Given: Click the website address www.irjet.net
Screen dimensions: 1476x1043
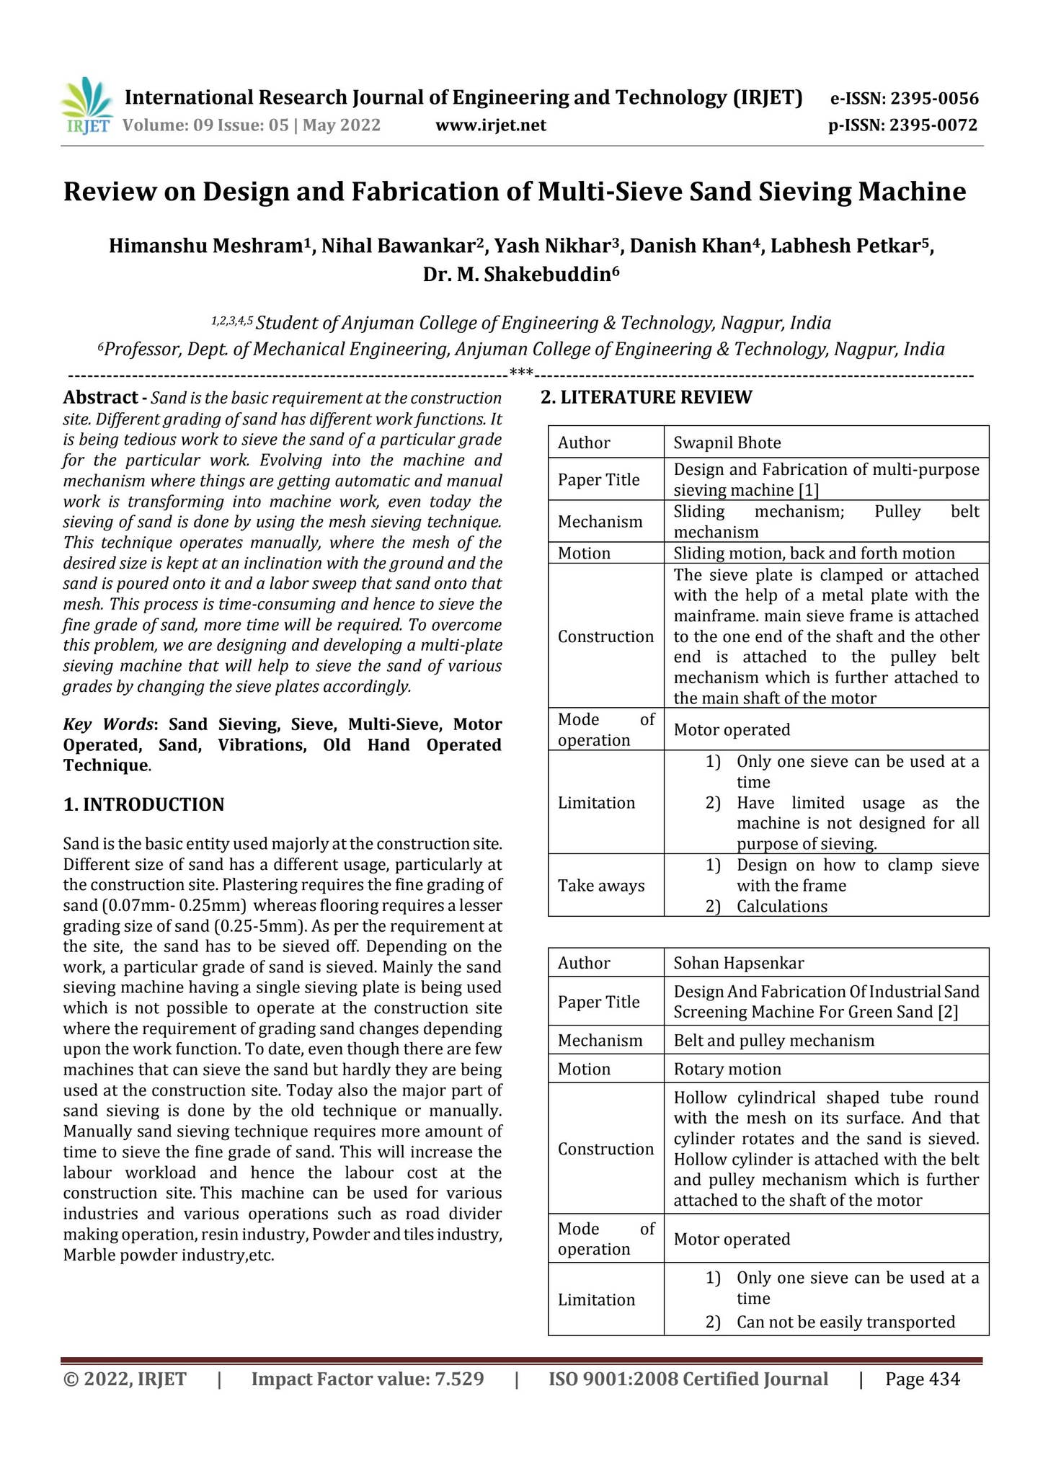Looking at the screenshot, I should [x=491, y=125].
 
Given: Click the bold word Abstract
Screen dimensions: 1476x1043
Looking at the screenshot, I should [x=100, y=398].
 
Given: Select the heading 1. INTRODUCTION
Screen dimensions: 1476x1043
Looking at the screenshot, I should [x=143, y=804].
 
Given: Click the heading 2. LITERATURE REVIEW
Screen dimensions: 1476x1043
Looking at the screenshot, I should [x=646, y=398].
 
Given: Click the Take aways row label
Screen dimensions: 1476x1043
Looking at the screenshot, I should [x=601, y=886].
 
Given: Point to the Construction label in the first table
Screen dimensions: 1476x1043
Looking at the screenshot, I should [x=605, y=636].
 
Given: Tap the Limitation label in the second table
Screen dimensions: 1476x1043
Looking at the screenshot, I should [x=596, y=1299].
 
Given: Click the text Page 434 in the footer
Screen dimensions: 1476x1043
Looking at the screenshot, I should [x=923, y=1379].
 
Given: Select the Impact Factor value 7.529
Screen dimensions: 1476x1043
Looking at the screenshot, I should [x=368, y=1379].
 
